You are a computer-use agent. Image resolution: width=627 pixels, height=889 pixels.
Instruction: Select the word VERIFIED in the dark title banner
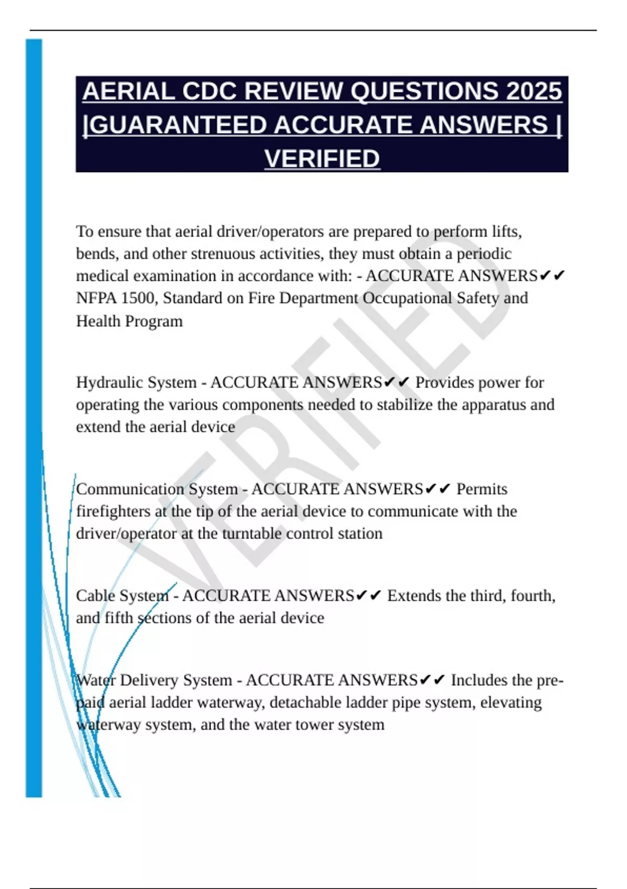click(x=322, y=159)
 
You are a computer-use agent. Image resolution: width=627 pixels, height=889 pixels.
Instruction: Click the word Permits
click(x=482, y=489)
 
